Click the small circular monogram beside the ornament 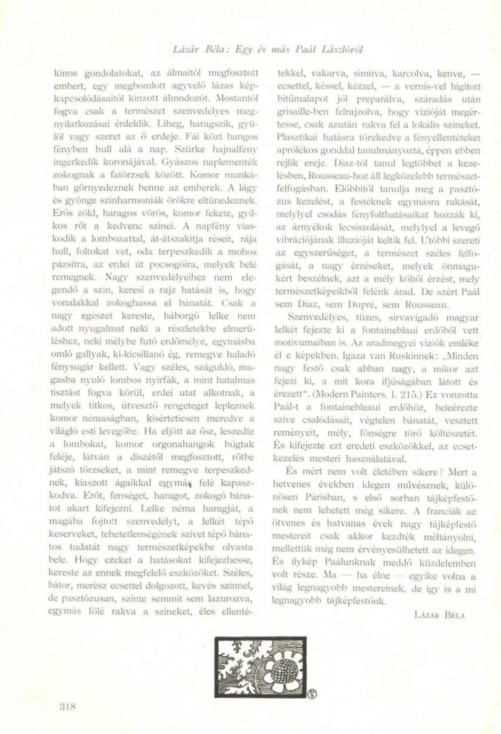[x=295, y=696]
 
